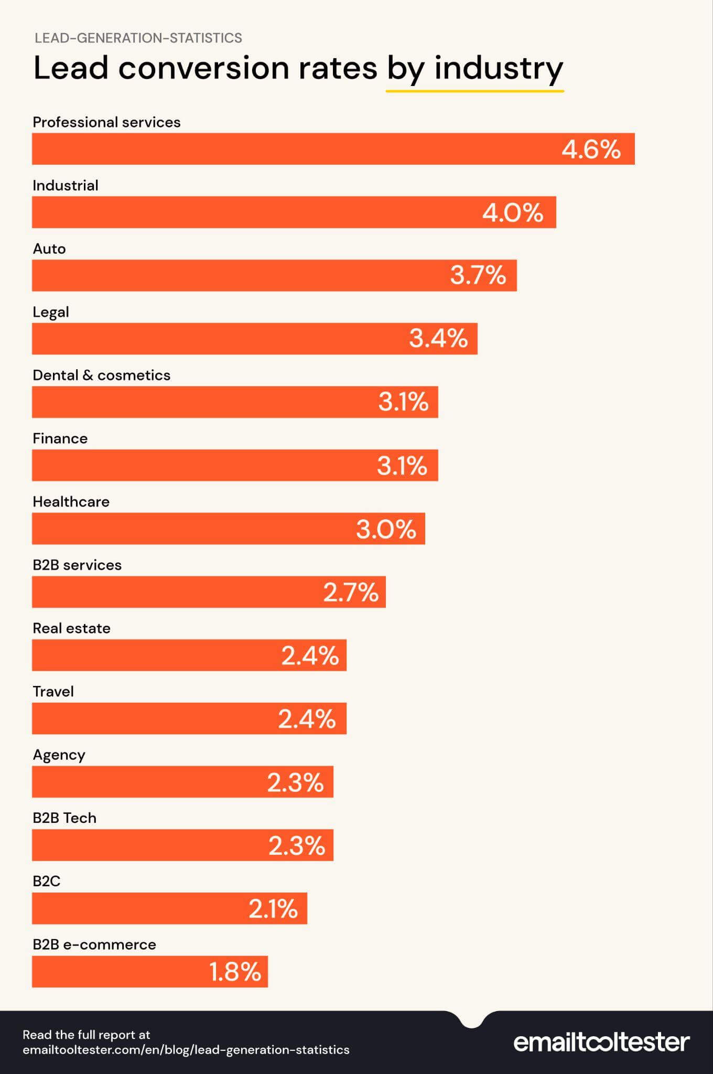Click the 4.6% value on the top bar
(x=591, y=149)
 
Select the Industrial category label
(x=66, y=186)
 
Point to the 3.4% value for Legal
(x=438, y=338)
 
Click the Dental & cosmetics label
(x=101, y=375)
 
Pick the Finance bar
(x=210, y=465)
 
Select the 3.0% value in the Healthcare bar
(x=386, y=529)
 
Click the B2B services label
(x=77, y=565)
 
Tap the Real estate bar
(x=157, y=655)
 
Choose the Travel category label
(x=53, y=692)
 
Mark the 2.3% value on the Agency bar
(x=295, y=782)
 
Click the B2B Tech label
(x=64, y=818)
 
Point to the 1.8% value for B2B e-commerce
(x=235, y=972)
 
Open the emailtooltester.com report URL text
(x=186, y=1049)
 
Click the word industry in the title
(x=498, y=68)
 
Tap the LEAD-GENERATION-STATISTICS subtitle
(x=138, y=38)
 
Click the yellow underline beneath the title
(x=474, y=91)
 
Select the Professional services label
(x=106, y=122)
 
